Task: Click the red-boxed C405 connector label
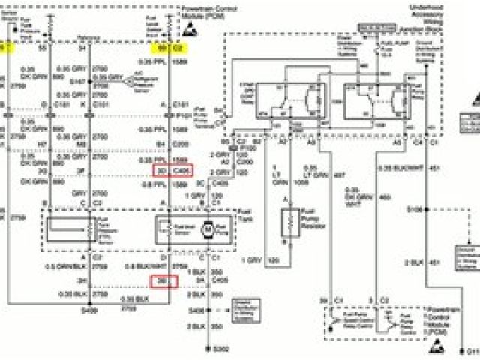click(181, 170)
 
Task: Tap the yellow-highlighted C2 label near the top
click(179, 46)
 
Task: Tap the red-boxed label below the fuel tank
click(163, 281)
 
